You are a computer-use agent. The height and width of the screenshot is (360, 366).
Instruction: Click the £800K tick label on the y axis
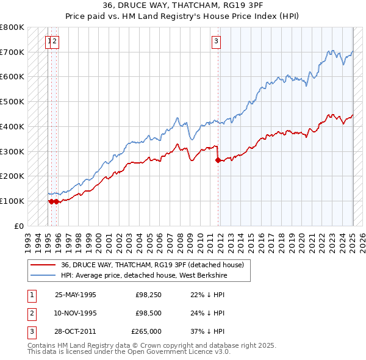[x=12, y=27]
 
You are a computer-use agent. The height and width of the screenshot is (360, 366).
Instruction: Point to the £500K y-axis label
[x=12, y=102]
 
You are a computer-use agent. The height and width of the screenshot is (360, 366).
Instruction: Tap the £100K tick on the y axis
[x=12, y=201]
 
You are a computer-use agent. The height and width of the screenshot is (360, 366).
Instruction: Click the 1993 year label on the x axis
[x=28, y=239]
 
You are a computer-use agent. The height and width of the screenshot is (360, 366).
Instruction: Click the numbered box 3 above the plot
[x=216, y=41]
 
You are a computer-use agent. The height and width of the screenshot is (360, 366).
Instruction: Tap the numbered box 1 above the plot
[x=48, y=41]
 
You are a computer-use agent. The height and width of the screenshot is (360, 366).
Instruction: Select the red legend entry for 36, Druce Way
[x=152, y=265]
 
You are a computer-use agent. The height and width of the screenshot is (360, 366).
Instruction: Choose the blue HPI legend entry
[x=152, y=275]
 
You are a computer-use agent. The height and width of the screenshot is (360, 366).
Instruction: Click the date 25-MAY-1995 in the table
[x=76, y=295]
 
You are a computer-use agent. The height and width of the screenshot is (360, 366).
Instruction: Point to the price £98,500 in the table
[x=146, y=313]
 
